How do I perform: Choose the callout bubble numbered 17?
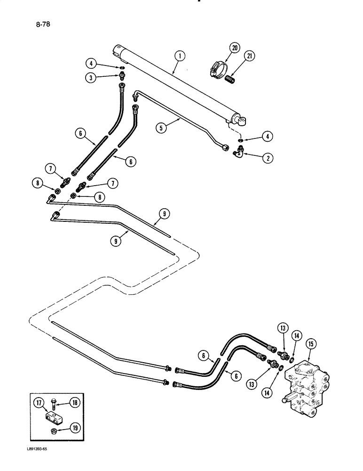coord(39,402)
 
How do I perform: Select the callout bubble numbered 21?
coord(249,57)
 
